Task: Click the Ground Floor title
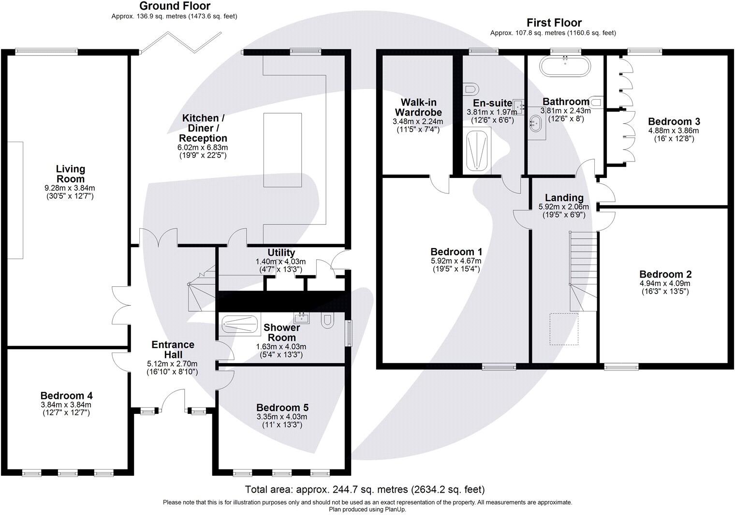click(175, 6)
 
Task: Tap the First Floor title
click(554, 23)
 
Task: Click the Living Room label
click(71, 174)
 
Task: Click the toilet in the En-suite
click(470, 89)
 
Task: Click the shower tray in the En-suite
click(477, 150)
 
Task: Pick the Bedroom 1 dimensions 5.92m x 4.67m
click(456, 261)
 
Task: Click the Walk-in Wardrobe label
click(418, 107)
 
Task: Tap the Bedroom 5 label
click(282, 408)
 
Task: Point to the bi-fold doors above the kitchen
click(181, 42)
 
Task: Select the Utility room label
click(281, 253)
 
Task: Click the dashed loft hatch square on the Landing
click(564, 329)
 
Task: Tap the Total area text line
click(365, 489)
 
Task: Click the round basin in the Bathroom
click(535, 123)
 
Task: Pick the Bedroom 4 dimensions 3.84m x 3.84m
click(66, 405)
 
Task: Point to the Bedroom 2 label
click(665, 274)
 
